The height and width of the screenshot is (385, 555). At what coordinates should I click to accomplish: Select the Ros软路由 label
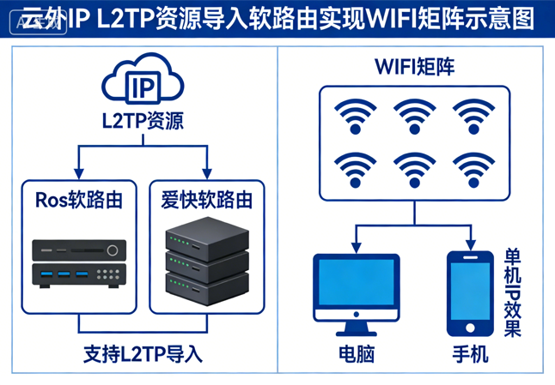click(79, 201)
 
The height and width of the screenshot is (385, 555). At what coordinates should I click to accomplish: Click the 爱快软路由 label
click(206, 201)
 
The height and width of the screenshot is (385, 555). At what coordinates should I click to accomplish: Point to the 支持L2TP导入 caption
click(143, 352)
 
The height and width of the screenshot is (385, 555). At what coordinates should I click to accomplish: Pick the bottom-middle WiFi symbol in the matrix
click(415, 169)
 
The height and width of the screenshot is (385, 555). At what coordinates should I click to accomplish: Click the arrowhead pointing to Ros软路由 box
click(79, 172)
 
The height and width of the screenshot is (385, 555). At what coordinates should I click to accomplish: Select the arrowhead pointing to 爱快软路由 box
click(206, 172)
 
